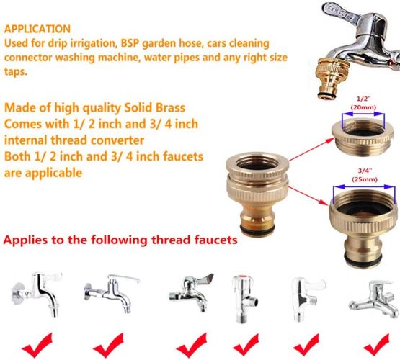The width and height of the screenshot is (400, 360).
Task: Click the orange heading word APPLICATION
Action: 37,29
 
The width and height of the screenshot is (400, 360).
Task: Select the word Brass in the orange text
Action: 170,108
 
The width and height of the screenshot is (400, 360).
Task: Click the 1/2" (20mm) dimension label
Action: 363,103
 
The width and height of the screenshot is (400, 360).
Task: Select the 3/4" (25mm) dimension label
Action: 365,175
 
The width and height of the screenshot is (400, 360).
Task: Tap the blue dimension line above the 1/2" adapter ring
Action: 363,114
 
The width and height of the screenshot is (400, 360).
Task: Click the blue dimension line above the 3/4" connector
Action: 364,186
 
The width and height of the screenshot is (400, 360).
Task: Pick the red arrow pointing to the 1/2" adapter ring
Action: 311,150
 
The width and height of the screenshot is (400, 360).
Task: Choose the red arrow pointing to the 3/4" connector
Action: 308,196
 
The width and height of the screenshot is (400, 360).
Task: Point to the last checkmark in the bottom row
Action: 377,344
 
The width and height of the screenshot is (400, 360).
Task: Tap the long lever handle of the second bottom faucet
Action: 124,278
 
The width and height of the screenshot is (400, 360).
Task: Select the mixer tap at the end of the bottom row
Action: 374,299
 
